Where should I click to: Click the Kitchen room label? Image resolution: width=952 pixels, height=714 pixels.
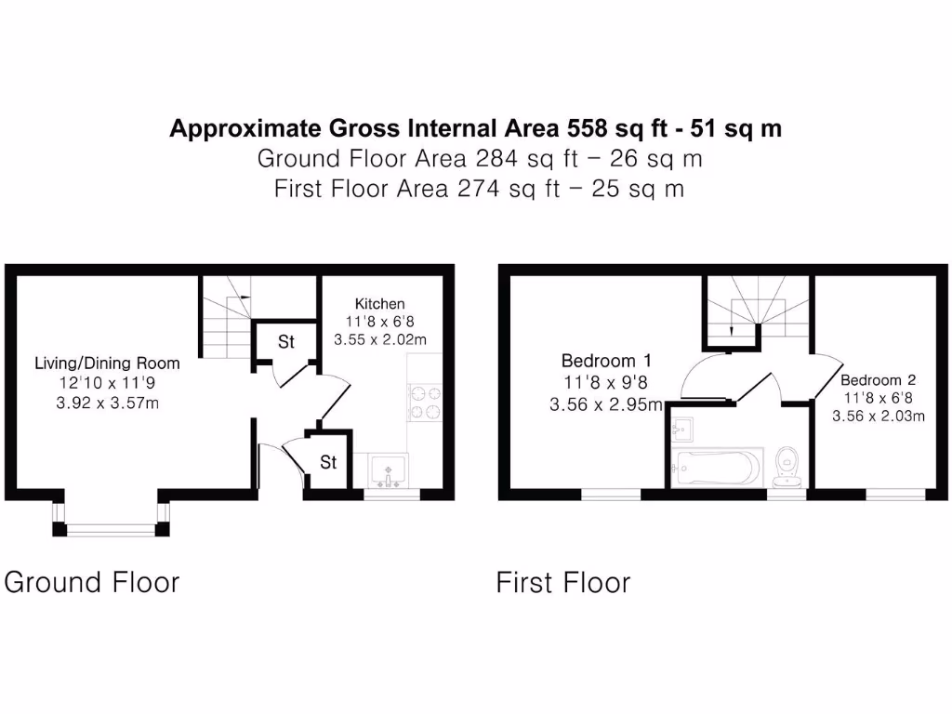point(379,304)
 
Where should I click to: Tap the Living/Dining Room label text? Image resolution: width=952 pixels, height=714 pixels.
point(107,363)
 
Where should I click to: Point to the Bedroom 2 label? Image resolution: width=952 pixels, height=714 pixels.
point(878,380)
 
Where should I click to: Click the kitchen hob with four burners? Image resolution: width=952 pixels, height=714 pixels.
point(424,403)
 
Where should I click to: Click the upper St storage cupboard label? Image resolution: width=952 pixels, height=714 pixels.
point(285,342)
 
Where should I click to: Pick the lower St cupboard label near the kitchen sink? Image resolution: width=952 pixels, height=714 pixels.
point(328,462)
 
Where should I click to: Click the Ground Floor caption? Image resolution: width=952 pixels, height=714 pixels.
point(92,583)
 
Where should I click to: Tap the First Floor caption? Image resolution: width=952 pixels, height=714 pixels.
point(563,583)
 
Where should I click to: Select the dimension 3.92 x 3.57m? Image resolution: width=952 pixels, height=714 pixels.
point(107,402)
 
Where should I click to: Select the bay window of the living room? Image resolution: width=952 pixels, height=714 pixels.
point(111,530)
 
